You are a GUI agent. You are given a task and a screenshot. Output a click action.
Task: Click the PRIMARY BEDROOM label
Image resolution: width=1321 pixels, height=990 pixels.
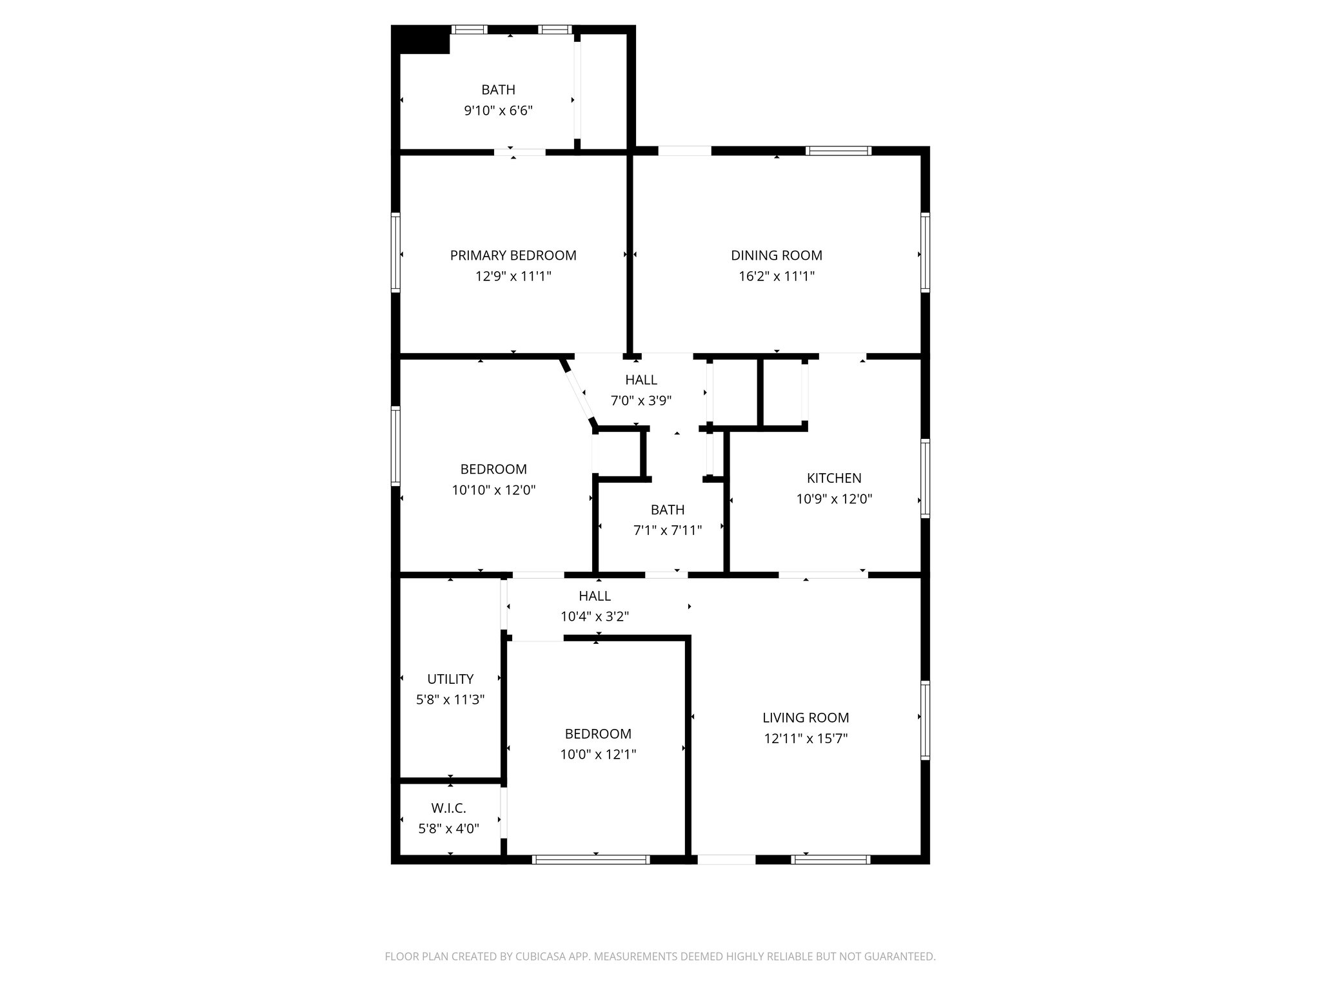[513, 255]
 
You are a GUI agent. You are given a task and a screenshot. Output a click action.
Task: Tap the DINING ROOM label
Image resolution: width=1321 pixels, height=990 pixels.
[776, 255]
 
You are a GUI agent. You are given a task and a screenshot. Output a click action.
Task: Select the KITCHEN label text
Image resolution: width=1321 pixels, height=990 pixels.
[833, 478]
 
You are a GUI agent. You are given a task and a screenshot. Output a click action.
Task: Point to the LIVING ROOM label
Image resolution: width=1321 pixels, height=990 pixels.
[805, 717]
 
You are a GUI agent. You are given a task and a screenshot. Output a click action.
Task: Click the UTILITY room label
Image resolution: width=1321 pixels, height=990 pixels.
[450, 679]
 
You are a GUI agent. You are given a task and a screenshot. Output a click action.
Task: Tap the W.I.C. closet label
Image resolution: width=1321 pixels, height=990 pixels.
[448, 808]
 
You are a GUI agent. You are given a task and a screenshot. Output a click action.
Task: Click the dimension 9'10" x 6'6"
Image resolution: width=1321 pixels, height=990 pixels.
[498, 111]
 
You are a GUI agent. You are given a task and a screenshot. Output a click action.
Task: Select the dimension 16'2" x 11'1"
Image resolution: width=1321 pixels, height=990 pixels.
[776, 277]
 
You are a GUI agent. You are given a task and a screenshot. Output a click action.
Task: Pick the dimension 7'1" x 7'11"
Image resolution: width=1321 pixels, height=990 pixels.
[667, 530]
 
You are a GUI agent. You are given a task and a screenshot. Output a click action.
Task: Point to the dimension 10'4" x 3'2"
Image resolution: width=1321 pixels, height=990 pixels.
[594, 616]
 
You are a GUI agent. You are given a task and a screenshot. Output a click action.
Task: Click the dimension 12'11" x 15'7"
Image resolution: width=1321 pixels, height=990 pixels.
[805, 739]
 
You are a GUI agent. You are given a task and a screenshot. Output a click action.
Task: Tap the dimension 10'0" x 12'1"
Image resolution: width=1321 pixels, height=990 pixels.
[597, 754]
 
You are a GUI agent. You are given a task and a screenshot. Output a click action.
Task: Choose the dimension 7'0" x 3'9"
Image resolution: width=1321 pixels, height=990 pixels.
[641, 401]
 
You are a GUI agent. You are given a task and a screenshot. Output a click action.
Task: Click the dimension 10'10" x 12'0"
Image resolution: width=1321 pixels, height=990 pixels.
[493, 490]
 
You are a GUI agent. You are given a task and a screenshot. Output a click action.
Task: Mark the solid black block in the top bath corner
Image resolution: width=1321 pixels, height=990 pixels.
[422, 42]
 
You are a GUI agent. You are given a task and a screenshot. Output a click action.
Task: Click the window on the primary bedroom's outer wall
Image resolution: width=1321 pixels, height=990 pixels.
[396, 253]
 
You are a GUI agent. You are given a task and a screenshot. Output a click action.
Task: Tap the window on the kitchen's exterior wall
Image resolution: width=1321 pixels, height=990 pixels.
[925, 478]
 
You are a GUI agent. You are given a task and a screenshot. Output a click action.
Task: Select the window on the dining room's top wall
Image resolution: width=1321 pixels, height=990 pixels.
[838, 151]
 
